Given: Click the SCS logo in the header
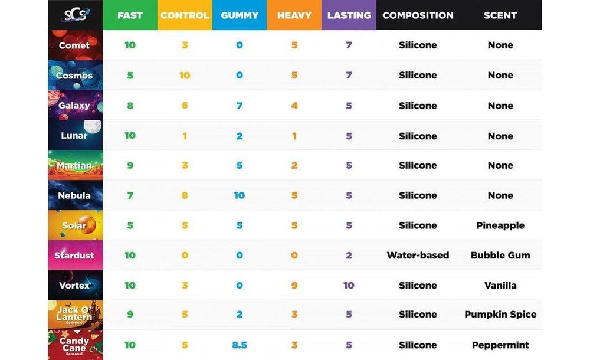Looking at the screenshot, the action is [x=76, y=15].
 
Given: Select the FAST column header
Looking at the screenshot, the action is [x=130, y=15].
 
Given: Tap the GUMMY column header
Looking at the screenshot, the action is [x=240, y=15].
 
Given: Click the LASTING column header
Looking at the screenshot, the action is [x=349, y=15].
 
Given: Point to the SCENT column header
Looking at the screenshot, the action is [x=500, y=15].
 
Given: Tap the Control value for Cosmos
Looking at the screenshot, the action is [x=185, y=76].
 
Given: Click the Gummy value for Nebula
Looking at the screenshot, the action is [x=240, y=195].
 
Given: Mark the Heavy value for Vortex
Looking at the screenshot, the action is [x=294, y=286].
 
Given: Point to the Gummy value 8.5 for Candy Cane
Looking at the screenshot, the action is [x=240, y=345].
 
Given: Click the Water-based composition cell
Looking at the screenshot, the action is [x=418, y=256].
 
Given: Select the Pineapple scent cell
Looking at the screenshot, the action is [x=500, y=225].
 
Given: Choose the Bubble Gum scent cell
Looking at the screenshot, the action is [x=500, y=256].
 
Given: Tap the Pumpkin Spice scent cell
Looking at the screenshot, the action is [x=500, y=315].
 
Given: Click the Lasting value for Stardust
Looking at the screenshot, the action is [x=349, y=256].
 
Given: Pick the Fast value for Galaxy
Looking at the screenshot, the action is [x=130, y=106].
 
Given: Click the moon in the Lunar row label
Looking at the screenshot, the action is [x=93, y=126].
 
